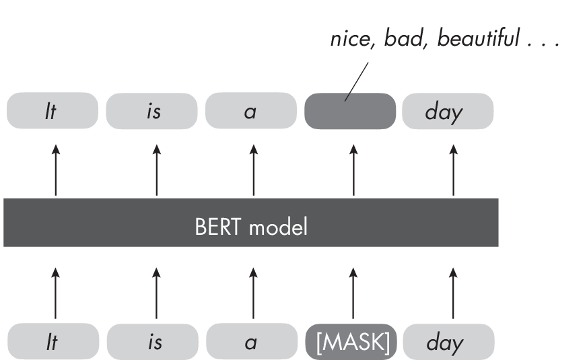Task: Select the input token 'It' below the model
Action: coord(52,343)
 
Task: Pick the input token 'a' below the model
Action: coord(251,343)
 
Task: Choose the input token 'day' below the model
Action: coord(448,343)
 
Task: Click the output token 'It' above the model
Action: coord(52,111)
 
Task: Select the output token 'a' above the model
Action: coord(250,111)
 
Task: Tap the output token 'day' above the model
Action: coord(448,111)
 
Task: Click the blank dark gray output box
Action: coord(350,111)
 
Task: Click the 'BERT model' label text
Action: coord(250,227)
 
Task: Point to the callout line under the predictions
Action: coord(357,81)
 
